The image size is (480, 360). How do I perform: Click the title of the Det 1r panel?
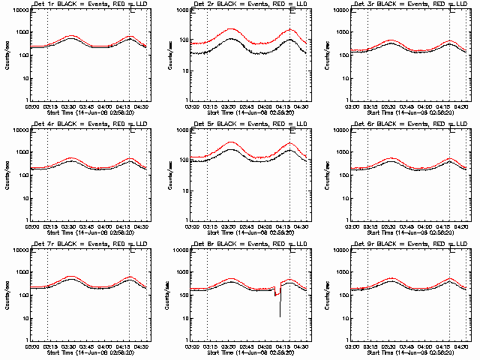tap(90, 6)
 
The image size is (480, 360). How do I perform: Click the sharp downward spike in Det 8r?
tap(280, 307)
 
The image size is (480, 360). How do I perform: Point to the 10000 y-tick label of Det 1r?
tap(19, 10)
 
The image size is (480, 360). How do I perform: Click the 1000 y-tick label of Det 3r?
tap(343, 33)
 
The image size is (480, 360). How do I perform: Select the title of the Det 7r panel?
tap(90, 244)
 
